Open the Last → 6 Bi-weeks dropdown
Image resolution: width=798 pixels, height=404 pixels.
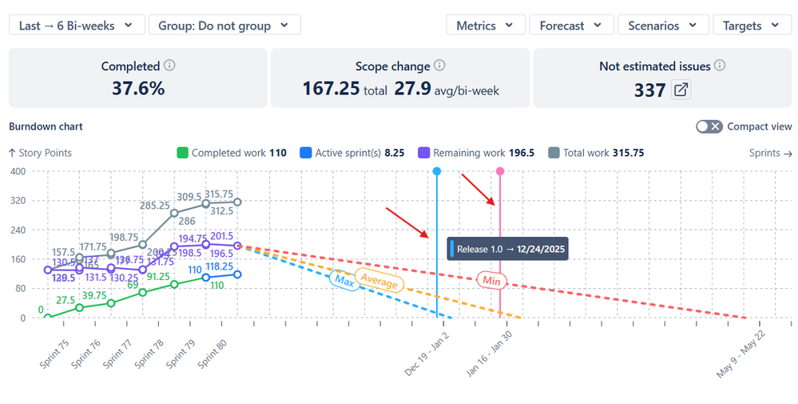click(77, 26)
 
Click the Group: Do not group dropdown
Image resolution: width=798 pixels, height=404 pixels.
click(224, 26)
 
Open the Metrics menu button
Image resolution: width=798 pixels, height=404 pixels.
click(486, 26)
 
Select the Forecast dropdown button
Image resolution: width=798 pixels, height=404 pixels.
click(571, 26)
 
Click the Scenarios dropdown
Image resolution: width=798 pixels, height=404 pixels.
click(662, 26)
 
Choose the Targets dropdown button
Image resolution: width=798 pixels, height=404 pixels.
click(751, 26)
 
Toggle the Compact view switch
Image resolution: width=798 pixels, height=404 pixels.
click(709, 126)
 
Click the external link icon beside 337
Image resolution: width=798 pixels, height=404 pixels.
click(681, 90)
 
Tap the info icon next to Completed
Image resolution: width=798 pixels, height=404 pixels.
click(169, 66)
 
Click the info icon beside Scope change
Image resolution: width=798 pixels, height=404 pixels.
click(439, 66)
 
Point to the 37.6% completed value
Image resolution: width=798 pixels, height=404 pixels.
click(137, 89)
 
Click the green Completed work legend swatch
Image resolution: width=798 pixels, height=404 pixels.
click(182, 153)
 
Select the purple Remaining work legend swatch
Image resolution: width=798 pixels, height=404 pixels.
click(424, 153)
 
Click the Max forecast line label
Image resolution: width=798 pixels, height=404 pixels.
click(344, 281)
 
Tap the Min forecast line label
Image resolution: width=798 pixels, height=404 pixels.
click(491, 281)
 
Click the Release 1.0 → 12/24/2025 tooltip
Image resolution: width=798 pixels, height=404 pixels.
click(508, 249)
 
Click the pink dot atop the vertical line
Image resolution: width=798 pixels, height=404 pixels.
click(500, 171)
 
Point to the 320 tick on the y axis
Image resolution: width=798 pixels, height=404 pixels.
click(16, 201)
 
